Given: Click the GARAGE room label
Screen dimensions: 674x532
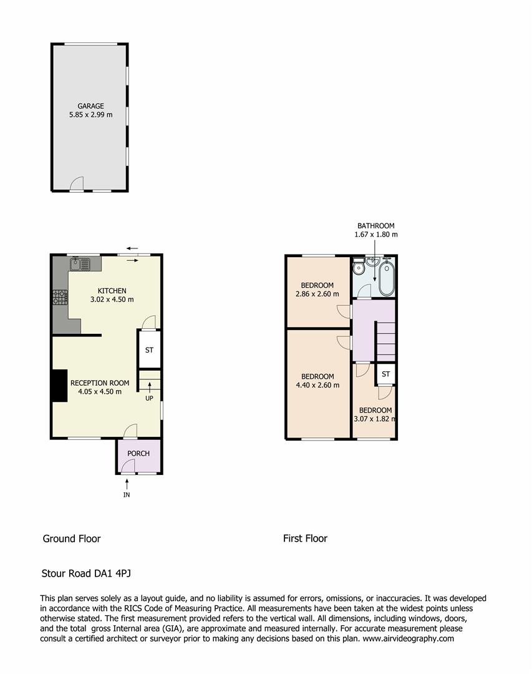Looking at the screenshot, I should (90, 106).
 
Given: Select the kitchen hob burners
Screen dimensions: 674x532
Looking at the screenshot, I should (60, 297).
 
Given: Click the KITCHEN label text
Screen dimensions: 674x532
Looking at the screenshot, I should (112, 291).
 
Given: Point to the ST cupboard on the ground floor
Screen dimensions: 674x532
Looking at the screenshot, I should (149, 350).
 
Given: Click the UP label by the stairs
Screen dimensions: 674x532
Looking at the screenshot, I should (149, 398).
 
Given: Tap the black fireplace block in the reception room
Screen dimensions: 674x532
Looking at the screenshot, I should (59, 386).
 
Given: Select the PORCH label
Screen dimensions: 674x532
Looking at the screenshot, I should (138, 453).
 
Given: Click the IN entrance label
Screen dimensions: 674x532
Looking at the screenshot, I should (127, 495).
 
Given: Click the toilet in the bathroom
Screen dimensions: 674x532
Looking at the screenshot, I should (359, 268).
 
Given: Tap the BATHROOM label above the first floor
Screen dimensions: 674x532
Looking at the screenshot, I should (375, 226).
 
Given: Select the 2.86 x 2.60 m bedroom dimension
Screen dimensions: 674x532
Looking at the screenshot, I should (317, 294).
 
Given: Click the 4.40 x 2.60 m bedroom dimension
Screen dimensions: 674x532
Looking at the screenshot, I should (317, 385).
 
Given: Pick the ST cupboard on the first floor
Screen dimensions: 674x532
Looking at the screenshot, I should (385, 374).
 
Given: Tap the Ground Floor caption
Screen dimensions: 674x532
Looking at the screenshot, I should (71, 539).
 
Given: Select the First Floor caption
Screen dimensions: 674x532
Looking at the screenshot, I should (305, 539).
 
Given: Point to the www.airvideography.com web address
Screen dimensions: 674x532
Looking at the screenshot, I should (409, 638).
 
